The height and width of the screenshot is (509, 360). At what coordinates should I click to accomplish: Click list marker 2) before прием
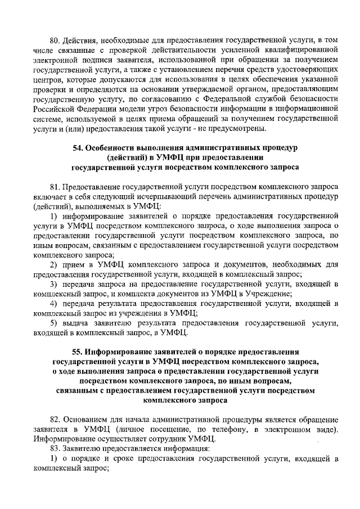[53, 265]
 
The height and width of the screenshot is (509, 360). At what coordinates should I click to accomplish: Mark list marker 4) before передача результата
[53, 304]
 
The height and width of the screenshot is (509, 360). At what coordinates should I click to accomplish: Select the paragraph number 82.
[55, 419]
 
